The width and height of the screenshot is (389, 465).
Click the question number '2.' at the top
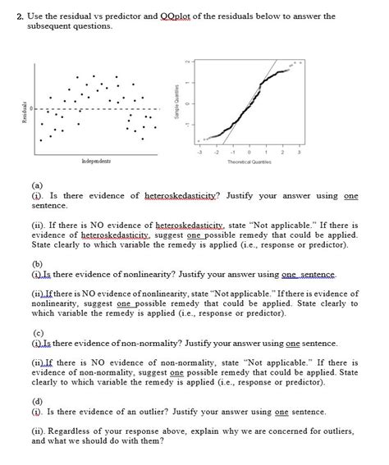pos(34,16)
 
